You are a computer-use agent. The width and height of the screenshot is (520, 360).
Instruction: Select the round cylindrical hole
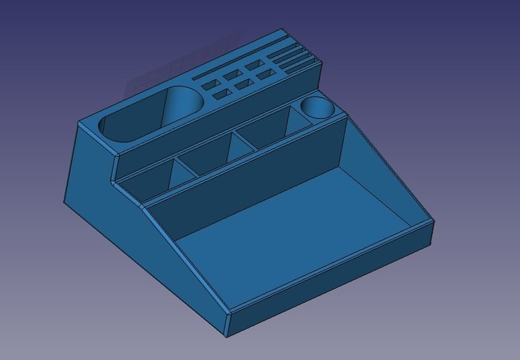coord(316,108)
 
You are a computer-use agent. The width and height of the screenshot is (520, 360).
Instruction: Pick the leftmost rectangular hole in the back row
coord(210,84)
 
